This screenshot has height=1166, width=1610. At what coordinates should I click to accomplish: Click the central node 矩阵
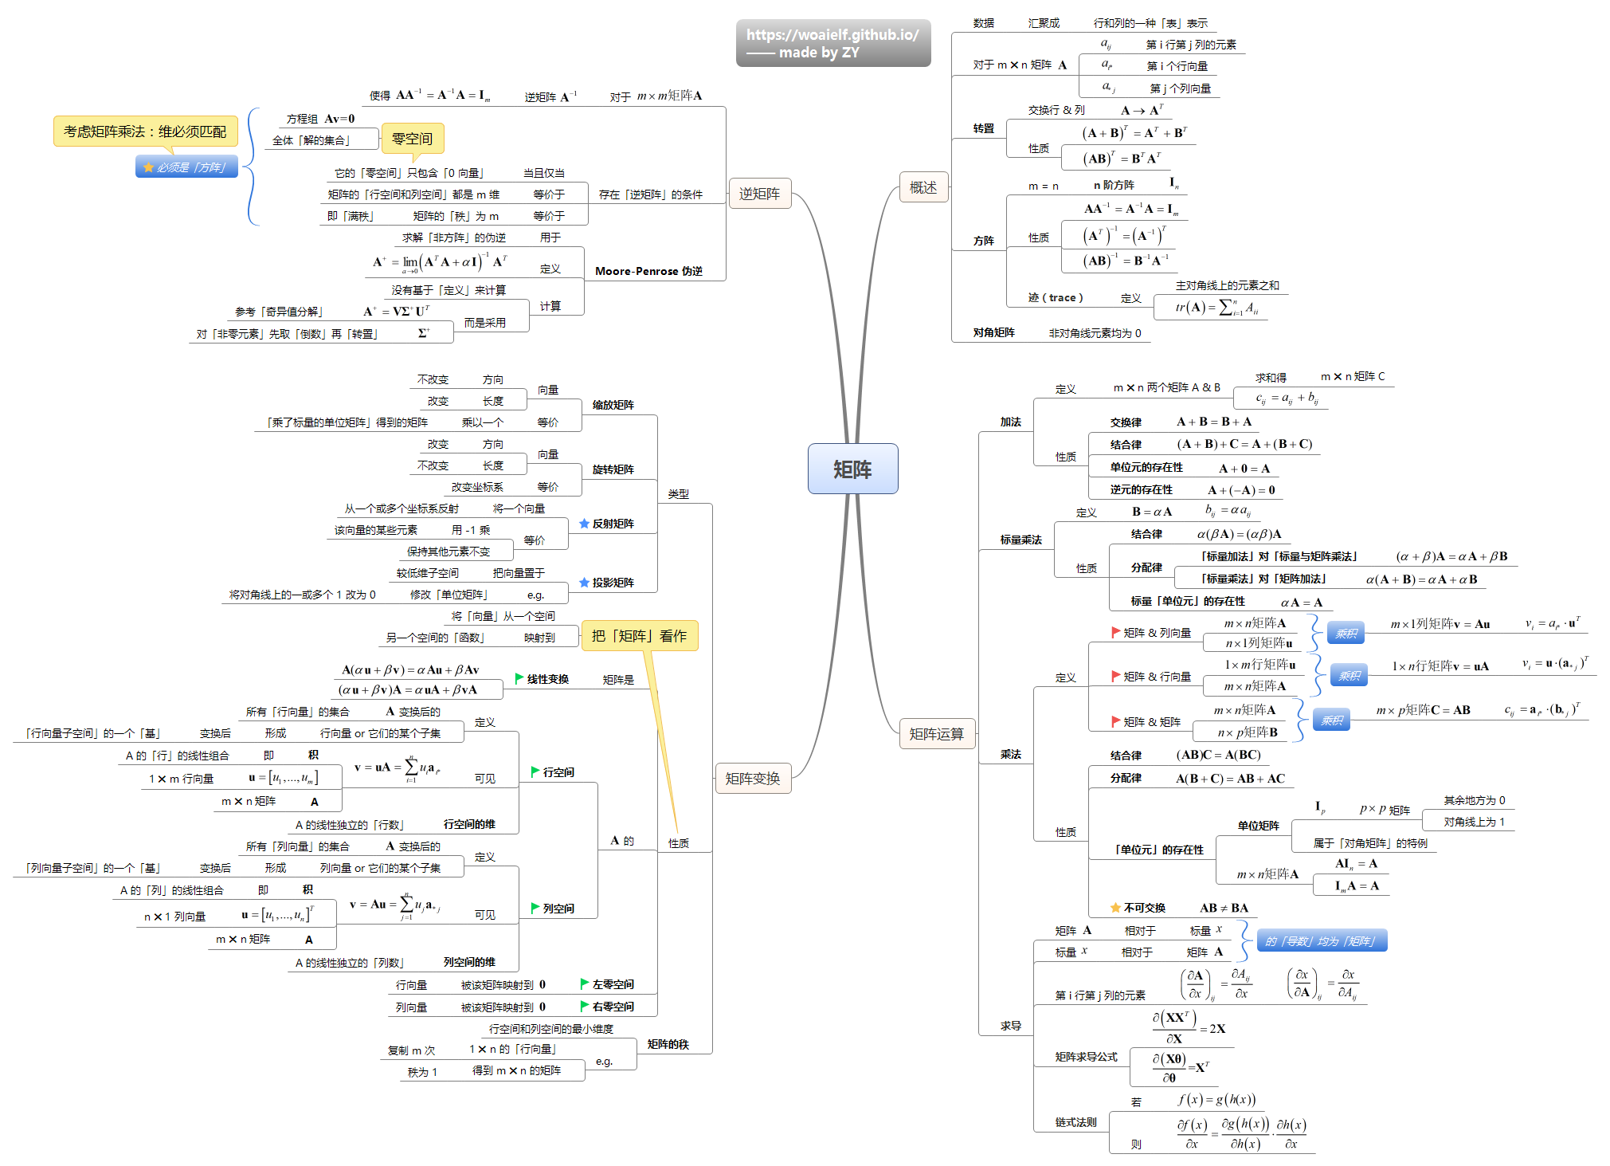(852, 469)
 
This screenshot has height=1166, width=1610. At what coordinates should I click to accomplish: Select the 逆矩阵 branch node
(759, 193)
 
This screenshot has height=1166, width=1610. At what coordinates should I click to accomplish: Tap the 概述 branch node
(923, 187)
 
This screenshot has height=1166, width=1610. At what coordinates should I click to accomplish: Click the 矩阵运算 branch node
(936, 733)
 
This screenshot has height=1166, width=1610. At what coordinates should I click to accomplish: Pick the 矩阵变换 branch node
(752, 778)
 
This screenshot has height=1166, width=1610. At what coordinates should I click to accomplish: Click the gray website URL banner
(832, 43)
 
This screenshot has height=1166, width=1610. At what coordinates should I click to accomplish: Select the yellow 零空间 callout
(412, 139)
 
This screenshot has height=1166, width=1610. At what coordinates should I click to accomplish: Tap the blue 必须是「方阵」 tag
(186, 167)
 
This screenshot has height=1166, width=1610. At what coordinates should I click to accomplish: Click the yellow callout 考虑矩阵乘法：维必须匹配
(145, 131)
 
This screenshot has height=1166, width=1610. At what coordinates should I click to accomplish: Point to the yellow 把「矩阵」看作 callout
(639, 635)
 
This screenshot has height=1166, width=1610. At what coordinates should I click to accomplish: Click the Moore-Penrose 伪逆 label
(648, 271)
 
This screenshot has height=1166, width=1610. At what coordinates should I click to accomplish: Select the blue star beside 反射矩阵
(584, 524)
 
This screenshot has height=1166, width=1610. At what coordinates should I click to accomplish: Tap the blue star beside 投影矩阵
(584, 583)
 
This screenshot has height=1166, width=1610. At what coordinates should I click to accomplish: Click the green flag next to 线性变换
(519, 678)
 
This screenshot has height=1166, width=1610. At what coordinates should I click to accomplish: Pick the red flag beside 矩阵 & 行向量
(1116, 676)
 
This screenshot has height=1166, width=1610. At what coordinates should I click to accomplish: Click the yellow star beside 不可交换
(1115, 908)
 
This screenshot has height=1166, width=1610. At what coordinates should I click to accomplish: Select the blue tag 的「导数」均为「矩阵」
(1321, 941)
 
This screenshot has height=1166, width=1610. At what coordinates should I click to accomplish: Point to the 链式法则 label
(1075, 1122)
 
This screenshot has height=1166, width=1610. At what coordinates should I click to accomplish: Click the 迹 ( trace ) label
(1056, 297)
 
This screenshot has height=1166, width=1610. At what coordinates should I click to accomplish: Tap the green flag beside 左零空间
(585, 983)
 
